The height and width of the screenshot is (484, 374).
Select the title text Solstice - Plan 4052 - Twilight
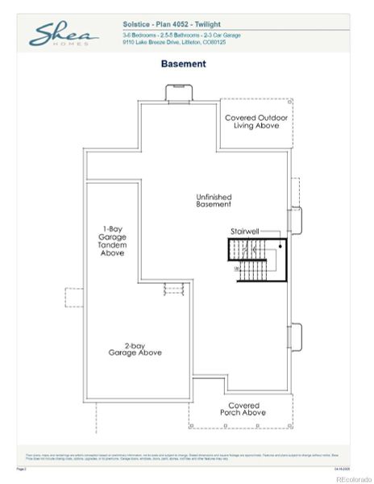172,25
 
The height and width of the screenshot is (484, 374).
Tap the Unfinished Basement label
214,201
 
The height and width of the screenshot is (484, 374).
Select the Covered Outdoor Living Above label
254,122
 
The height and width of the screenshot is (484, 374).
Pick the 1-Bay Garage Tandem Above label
112,241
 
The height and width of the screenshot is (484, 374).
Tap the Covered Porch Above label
243,409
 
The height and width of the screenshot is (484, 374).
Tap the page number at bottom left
21,467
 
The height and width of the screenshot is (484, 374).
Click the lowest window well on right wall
295,338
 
